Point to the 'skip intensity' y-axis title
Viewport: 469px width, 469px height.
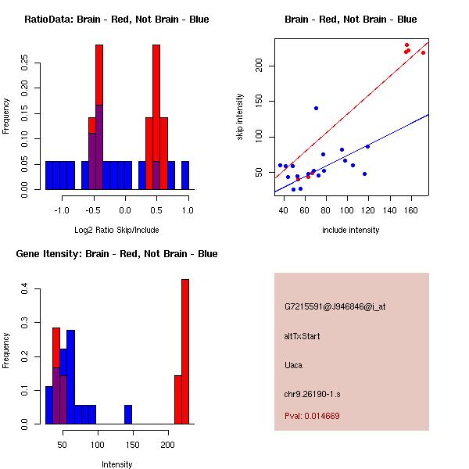click(240, 117)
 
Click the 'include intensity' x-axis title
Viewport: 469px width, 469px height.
click(351, 230)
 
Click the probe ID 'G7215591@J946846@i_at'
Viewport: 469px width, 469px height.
click(335, 306)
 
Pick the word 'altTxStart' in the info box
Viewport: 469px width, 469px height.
click(302, 336)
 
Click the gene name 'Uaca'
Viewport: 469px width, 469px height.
click(294, 364)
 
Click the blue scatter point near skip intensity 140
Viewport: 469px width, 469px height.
click(316, 108)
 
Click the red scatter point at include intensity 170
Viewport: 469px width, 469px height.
click(423, 52)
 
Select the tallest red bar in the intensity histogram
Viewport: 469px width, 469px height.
click(185, 351)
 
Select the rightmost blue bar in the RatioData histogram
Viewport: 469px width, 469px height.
click(185, 175)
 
